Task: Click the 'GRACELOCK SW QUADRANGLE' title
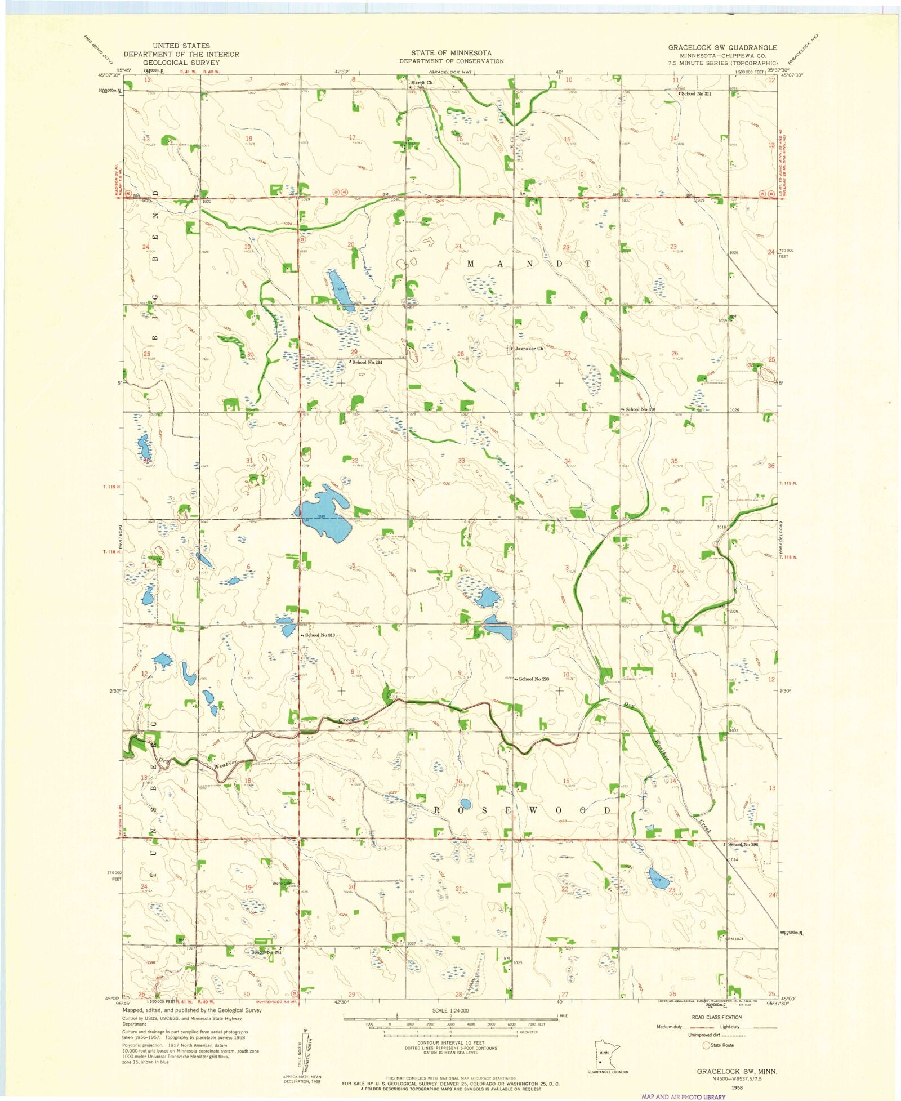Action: [722, 47]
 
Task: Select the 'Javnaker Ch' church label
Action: [529, 349]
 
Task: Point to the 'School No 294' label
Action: [367, 362]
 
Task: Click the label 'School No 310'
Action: [640, 409]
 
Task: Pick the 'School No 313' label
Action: [319, 635]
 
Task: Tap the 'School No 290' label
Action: [533, 679]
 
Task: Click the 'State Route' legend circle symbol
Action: [706, 1045]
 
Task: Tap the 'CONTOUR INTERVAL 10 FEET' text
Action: [450, 1042]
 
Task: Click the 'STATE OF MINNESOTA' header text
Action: [451, 52]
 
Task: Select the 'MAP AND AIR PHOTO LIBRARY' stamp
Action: [683, 1096]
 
